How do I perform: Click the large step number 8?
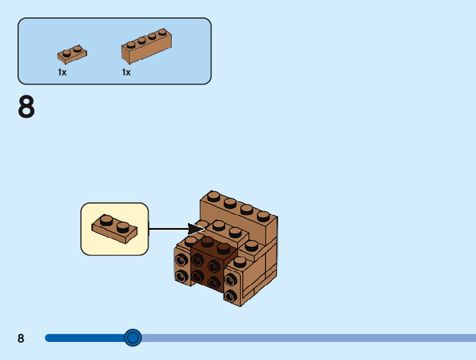coord(27,107)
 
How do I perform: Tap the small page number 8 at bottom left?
coord(21,338)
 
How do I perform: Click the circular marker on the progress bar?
coord(133,338)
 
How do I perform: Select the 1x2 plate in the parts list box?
coord(72,54)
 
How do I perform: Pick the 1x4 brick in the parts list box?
coord(146,47)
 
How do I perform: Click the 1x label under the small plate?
coord(62,72)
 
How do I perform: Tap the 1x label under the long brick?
coord(126,72)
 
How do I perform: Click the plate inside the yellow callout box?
coord(114,228)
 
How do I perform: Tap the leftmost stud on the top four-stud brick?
coord(213,196)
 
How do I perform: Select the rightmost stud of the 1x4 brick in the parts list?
coord(162,32)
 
